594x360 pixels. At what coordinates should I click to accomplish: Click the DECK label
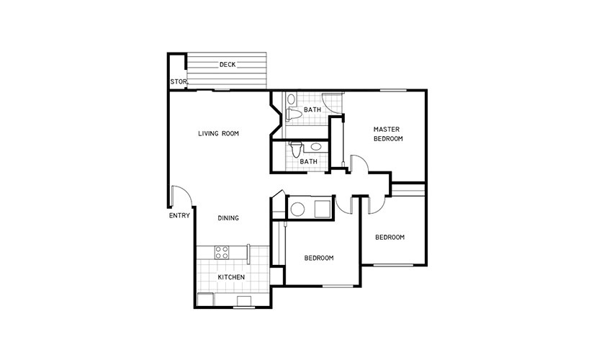(x=228, y=64)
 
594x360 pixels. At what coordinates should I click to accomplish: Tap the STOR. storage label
(x=179, y=81)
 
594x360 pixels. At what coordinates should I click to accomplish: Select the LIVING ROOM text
(x=218, y=133)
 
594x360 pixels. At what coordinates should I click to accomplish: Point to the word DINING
(x=228, y=218)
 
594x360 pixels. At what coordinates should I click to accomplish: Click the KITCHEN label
(x=231, y=277)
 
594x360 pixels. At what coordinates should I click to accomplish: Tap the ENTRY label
(x=179, y=215)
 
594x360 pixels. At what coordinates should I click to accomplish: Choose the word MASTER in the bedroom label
(x=387, y=129)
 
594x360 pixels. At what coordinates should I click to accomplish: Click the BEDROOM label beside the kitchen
(x=319, y=258)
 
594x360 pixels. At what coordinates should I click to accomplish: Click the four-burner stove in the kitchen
(x=222, y=253)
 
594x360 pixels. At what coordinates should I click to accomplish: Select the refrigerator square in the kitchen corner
(x=205, y=299)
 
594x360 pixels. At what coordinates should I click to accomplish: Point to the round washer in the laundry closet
(x=297, y=210)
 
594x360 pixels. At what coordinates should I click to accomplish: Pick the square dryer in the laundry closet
(x=323, y=208)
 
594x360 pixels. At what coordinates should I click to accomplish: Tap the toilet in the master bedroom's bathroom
(x=293, y=114)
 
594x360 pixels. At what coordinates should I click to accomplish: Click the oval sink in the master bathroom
(x=291, y=99)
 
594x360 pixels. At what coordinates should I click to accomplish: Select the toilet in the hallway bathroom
(x=296, y=148)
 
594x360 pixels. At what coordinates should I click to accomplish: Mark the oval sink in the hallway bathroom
(x=315, y=146)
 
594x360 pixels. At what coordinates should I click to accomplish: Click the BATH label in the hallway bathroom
(x=308, y=161)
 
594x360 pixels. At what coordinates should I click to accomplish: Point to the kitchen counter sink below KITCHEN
(x=244, y=300)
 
